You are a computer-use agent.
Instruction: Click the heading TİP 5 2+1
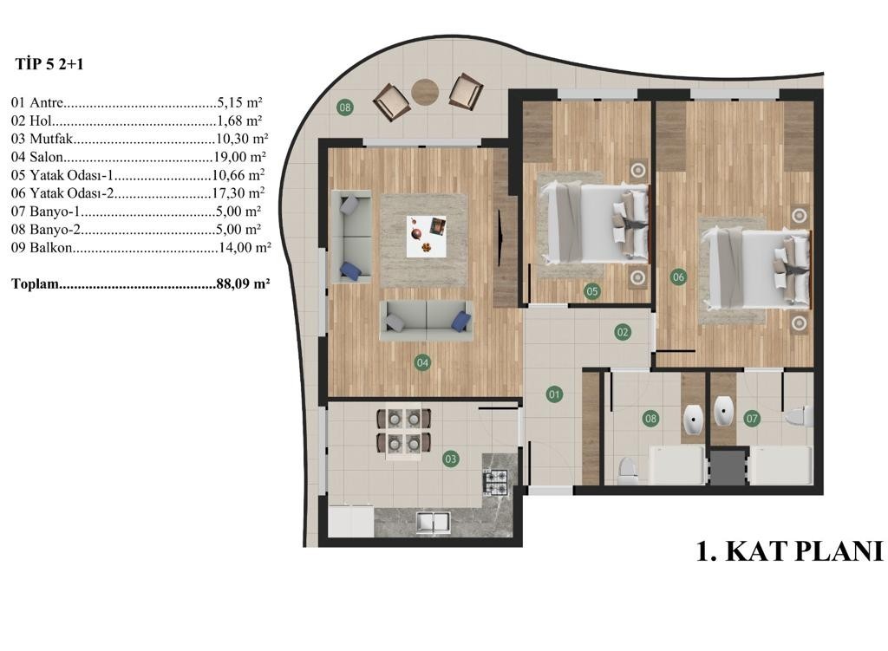point(49,64)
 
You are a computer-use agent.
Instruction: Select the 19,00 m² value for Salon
point(239,157)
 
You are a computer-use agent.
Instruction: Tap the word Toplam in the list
point(35,283)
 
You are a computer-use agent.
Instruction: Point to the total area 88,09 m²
point(243,283)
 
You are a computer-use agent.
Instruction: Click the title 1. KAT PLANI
point(789,550)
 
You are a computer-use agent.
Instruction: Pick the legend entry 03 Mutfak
point(42,139)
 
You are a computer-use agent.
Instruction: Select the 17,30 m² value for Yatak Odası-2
point(238,193)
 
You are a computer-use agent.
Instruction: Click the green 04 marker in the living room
point(422,362)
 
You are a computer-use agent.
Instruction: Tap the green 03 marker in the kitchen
point(451,459)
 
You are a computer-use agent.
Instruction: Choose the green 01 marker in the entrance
point(554,394)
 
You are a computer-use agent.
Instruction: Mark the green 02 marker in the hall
point(623,332)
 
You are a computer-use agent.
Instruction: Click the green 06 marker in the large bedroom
point(678,277)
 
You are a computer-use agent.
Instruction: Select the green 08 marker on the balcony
point(345,107)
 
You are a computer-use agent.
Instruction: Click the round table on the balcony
point(425,91)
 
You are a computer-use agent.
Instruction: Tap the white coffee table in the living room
point(426,236)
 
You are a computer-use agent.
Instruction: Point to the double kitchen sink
point(434,522)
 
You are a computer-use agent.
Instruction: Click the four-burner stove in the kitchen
point(495,482)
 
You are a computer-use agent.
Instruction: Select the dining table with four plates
point(404,433)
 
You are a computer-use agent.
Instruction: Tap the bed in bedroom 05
point(594,223)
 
